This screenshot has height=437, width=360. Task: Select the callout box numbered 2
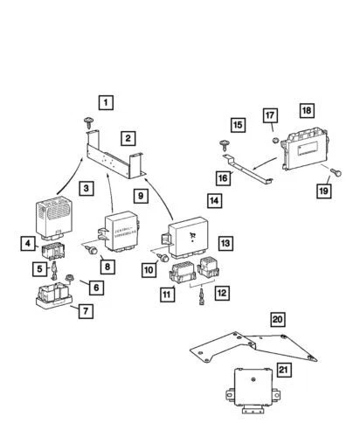click(128, 138)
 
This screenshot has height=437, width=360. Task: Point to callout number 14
click(213, 200)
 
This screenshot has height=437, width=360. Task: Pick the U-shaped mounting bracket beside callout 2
click(122, 162)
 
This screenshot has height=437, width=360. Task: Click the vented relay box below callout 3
click(51, 213)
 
